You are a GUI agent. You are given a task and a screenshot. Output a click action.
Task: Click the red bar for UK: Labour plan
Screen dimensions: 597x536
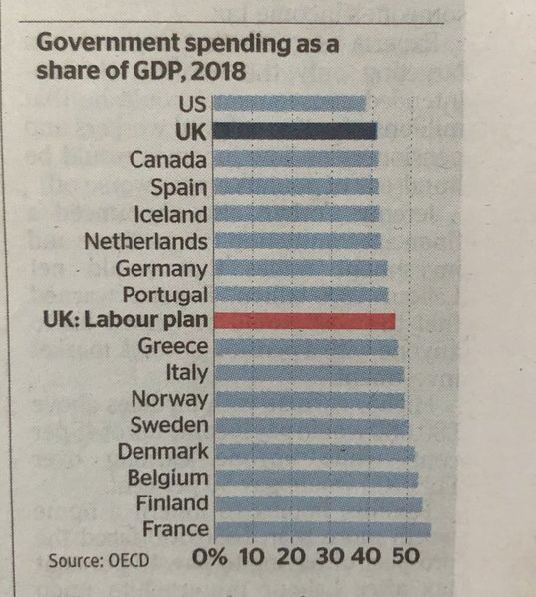(x=305, y=320)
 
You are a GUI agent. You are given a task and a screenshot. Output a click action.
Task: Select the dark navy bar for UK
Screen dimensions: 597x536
(x=295, y=131)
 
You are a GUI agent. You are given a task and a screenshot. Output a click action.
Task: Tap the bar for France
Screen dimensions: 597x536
(x=323, y=529)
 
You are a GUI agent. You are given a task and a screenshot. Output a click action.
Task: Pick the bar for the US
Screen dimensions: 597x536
(x=290, y=102)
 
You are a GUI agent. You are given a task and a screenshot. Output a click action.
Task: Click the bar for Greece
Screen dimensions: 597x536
(x=306, y=347)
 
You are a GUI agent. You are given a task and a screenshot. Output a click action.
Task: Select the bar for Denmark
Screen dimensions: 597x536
(x=315, y=453)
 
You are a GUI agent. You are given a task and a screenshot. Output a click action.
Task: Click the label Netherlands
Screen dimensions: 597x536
(x=146, y=241)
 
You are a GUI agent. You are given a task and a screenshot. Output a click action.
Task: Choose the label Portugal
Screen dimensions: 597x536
(x=164, y=295)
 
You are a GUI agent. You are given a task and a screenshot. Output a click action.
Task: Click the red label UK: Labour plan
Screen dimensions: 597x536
(x=127, y=320)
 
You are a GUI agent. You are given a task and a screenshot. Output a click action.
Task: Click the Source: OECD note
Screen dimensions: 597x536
(x=99, y=560)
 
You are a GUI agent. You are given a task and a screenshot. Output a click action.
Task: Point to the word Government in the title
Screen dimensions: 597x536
(x=98, y=46)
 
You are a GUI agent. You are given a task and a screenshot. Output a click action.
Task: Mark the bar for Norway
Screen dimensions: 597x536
(x=310, y=400)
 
